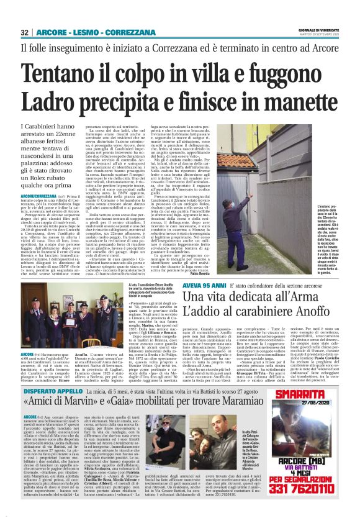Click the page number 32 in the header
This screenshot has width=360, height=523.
tap(24, 32)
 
